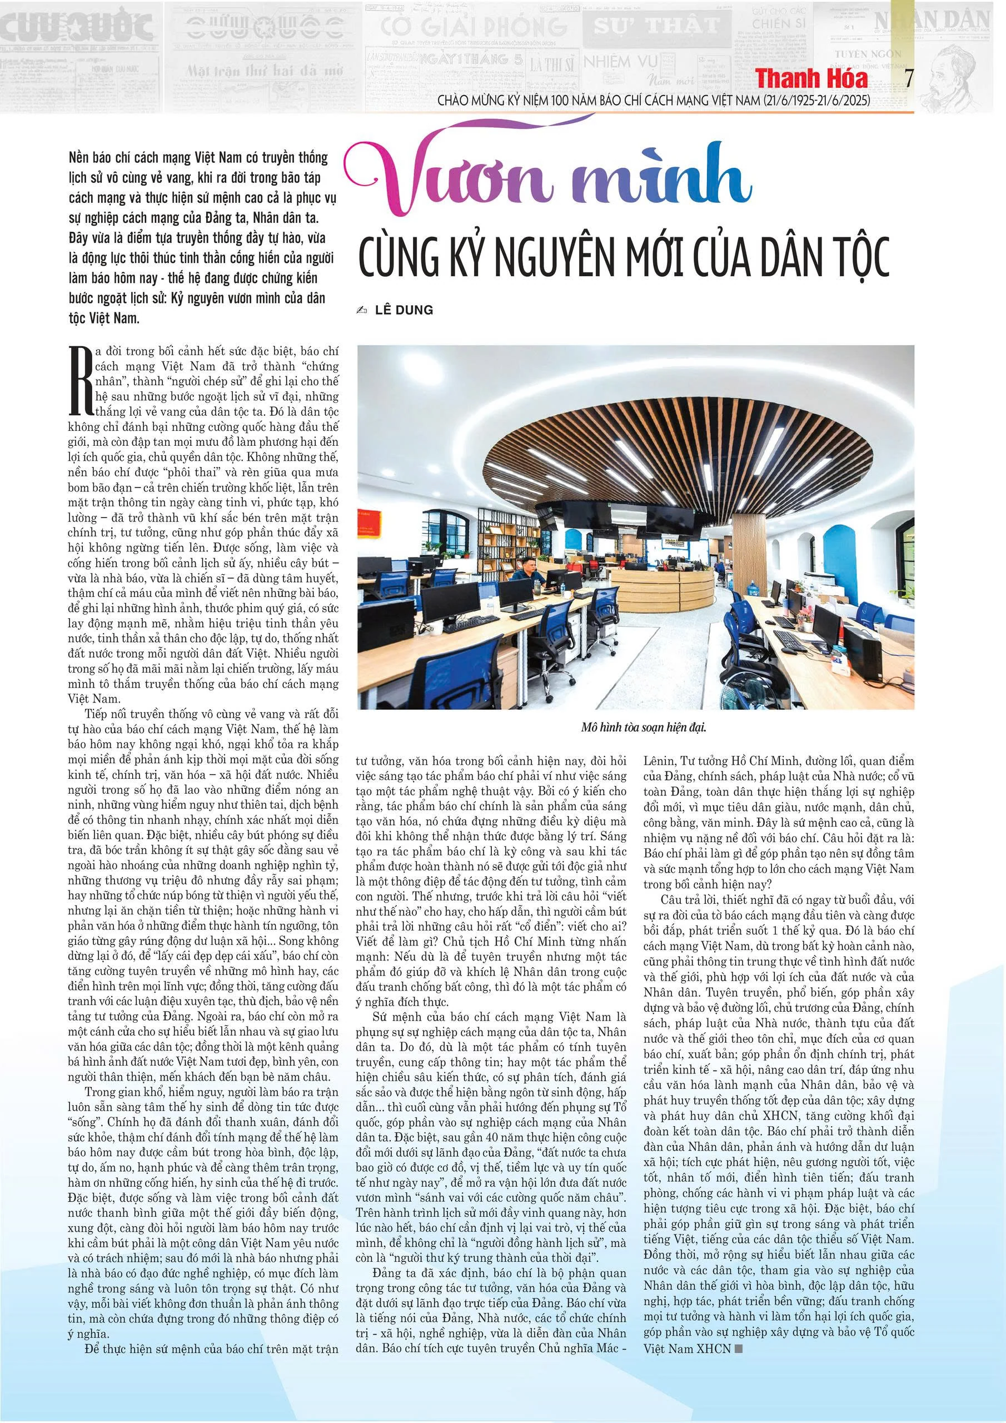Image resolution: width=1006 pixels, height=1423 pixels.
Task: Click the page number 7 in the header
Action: pos(909,79)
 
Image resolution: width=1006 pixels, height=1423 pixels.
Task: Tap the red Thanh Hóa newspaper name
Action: pos(811,79)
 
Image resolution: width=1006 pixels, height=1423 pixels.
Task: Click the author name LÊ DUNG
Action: pos(404,310)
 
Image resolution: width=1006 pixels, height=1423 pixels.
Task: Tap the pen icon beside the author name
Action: pos(362,310)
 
